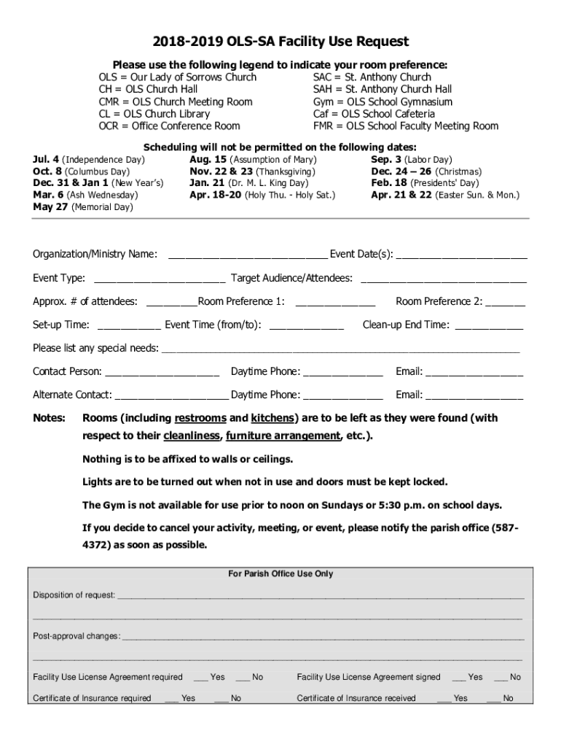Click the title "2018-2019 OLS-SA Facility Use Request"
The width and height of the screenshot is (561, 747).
(280, 42)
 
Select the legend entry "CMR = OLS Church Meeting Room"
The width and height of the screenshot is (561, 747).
(176, 101)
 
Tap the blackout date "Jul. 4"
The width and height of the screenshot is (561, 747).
(46, 159)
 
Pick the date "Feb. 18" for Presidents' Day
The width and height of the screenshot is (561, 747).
(388, 183)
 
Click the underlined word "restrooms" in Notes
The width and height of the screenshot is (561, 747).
(200, 419)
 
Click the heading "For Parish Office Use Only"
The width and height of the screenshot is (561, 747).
(280, 574)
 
